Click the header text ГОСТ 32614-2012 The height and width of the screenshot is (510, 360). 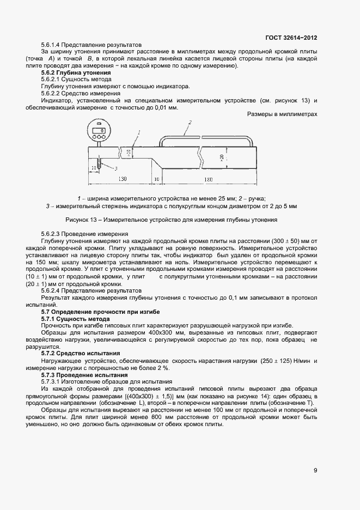[291, 38]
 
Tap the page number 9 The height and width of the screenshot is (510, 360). [315, 471]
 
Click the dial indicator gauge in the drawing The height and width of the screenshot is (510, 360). [99, 132]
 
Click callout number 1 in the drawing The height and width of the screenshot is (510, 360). [139, 132]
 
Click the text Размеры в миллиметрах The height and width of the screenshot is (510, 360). [282, 114]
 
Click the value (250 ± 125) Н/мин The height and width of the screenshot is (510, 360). [278, 361]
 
